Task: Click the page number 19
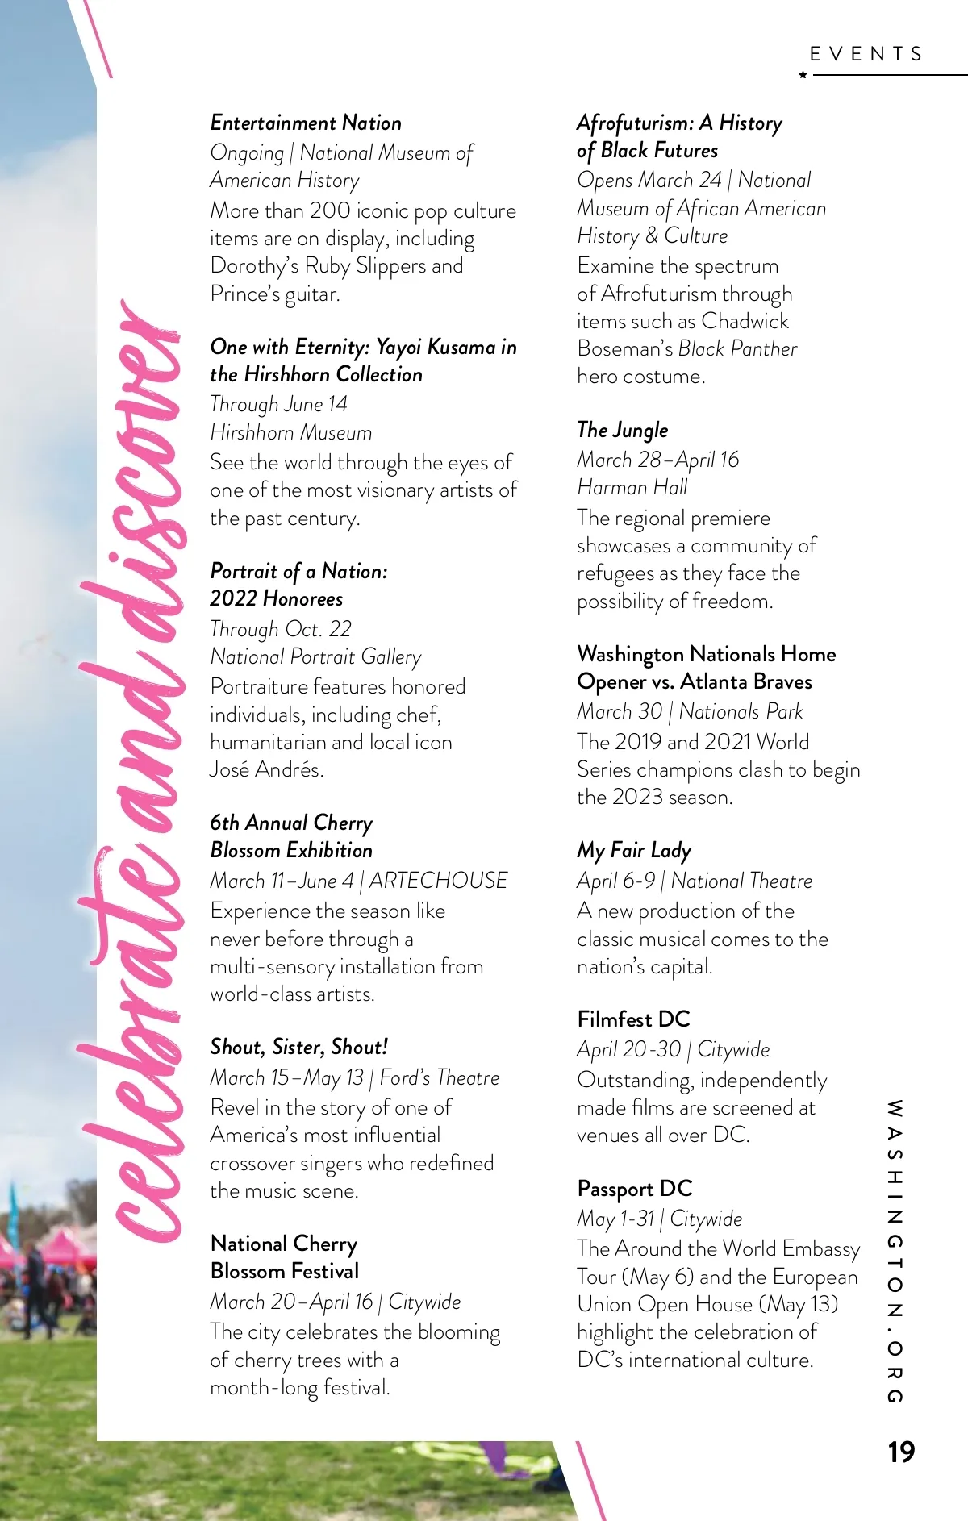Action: coord(901,1452)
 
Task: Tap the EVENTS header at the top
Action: coord(866,54)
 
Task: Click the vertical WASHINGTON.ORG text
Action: coord(895,1250)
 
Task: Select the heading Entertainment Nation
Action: coord(306,123)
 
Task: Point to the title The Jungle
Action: coord(623,430)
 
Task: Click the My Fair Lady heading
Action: coord(634,851)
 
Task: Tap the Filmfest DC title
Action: coord(633,1019)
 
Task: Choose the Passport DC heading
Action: coord(635,1189)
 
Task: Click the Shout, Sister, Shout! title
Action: coord(298,1047)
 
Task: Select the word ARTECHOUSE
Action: coord(439,881)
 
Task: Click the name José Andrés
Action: coord(266,769)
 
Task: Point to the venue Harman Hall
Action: coord(632,487)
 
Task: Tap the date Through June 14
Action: coord(278,404)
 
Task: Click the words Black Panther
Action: coord(737,348)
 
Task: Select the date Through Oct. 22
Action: coord(281,629)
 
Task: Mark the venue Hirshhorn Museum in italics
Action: coord(290,432)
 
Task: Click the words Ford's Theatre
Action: coord(440,1077)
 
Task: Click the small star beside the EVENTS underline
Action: coord(803,75)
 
